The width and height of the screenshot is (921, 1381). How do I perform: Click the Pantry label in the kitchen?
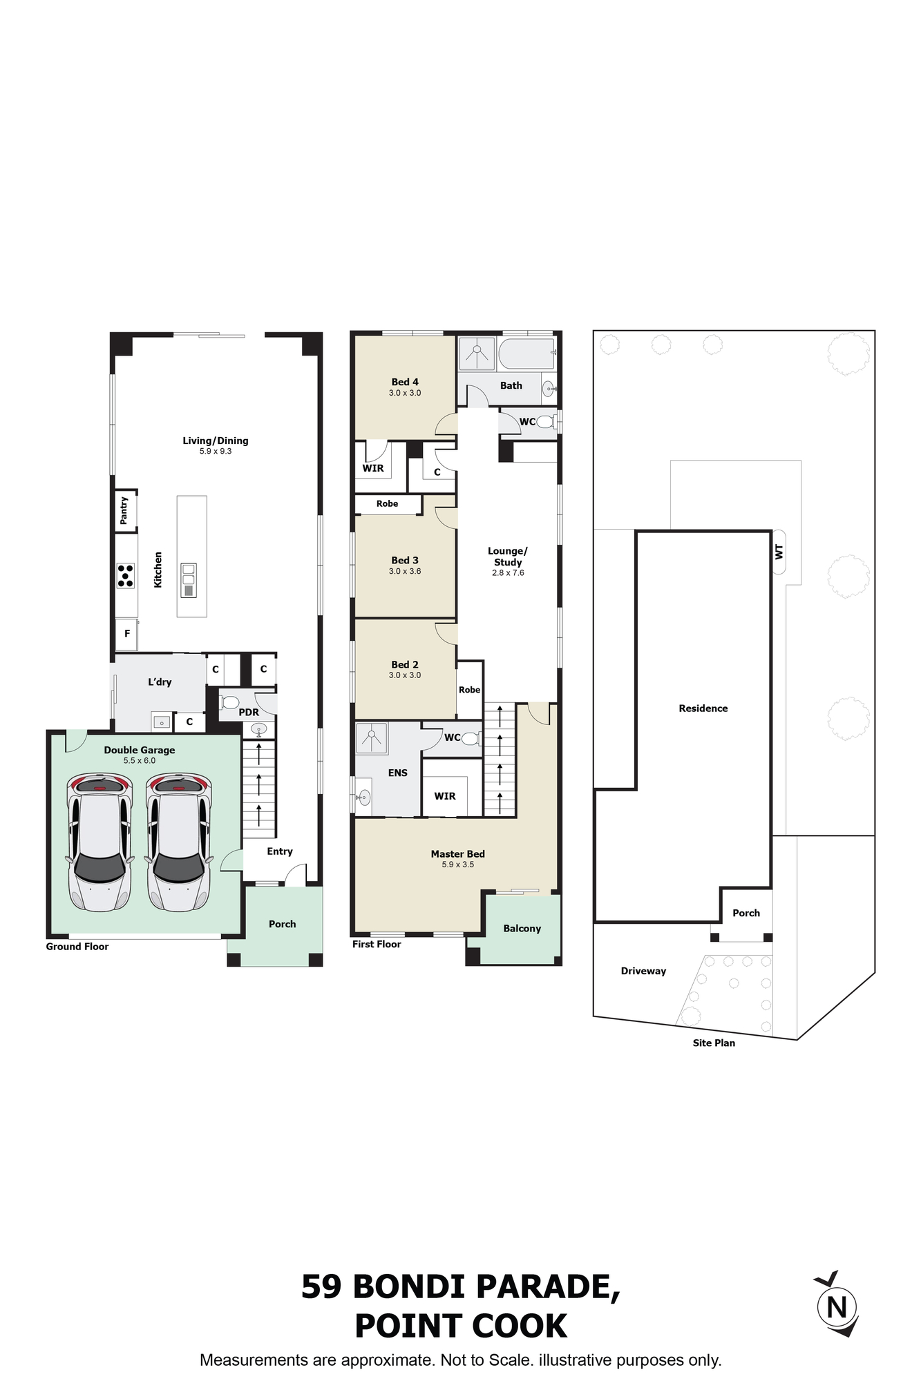124,510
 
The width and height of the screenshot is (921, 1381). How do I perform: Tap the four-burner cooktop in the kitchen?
126,576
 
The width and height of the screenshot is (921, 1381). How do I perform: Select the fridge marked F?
126,634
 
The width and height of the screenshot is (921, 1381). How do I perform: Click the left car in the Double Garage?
99,842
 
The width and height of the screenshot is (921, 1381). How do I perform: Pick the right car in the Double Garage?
178,842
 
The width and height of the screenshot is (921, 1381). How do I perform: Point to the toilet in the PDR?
229,702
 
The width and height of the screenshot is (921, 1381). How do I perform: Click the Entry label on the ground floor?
280,851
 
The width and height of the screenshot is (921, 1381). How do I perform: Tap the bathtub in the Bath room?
527,354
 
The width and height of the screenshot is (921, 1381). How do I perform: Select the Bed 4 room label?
405,382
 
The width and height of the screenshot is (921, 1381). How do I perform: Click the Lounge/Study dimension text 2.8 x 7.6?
508,573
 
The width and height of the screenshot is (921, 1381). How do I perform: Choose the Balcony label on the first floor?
522,929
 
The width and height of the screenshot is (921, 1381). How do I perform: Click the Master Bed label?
458,854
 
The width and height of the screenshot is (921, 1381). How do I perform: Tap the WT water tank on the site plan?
779,552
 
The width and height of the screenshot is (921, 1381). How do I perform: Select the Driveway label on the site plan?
643,971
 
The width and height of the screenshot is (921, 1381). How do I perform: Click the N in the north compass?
837,1307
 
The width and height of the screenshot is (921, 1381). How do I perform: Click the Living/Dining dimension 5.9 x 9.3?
216,452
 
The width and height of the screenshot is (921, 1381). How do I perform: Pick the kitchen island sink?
189,580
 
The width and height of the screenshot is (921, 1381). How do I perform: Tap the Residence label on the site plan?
703,708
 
